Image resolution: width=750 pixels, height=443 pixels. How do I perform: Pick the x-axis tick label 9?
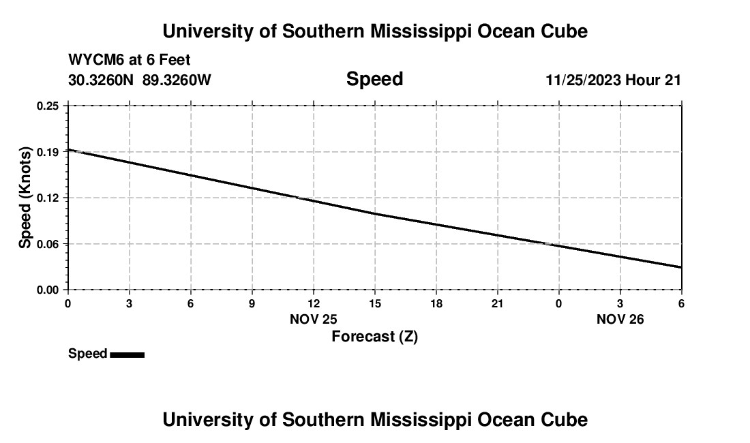point(252,303)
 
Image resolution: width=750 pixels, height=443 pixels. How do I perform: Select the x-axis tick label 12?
point(314,303)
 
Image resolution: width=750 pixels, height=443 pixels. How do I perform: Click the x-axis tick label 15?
point(375,303)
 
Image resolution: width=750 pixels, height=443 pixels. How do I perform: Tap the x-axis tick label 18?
point(436,303)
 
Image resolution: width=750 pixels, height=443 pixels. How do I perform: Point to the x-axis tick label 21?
point(498,303)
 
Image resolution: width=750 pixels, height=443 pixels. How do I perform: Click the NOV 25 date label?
point(314,319)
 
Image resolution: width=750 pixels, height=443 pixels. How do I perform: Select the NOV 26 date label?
point(620,319)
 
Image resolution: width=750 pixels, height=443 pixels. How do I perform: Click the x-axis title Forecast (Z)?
point(374,336)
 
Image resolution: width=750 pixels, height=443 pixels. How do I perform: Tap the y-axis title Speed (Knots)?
point(25,198)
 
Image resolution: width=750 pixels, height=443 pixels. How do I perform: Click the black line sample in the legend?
point(127,354)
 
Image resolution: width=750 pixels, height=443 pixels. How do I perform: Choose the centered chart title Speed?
point(374,79)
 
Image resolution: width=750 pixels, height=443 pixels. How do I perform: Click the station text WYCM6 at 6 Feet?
point(130,61)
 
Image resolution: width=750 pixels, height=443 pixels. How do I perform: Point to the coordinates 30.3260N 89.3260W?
point(140,80)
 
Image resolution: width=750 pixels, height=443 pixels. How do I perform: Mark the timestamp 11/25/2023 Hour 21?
point(613,80)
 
